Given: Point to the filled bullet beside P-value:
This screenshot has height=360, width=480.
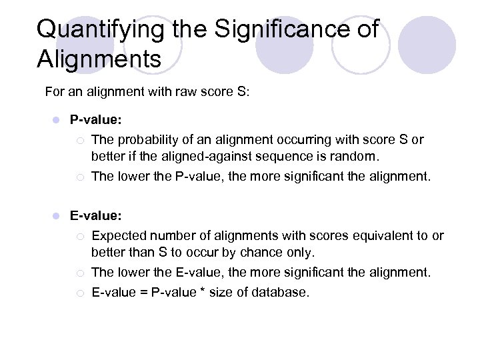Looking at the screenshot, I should click(x=57, y=120).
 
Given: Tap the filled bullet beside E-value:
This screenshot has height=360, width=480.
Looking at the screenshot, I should click(x=57, y=216).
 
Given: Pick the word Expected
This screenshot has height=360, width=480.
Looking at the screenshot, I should click(x=119, y=235).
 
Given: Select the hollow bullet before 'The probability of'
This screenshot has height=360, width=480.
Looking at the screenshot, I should click(x=79, y=141).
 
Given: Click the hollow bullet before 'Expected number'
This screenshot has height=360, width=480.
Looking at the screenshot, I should click(x=79, y=236).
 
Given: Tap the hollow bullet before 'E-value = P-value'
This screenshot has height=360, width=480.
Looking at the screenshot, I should click(x=79, y=292).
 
